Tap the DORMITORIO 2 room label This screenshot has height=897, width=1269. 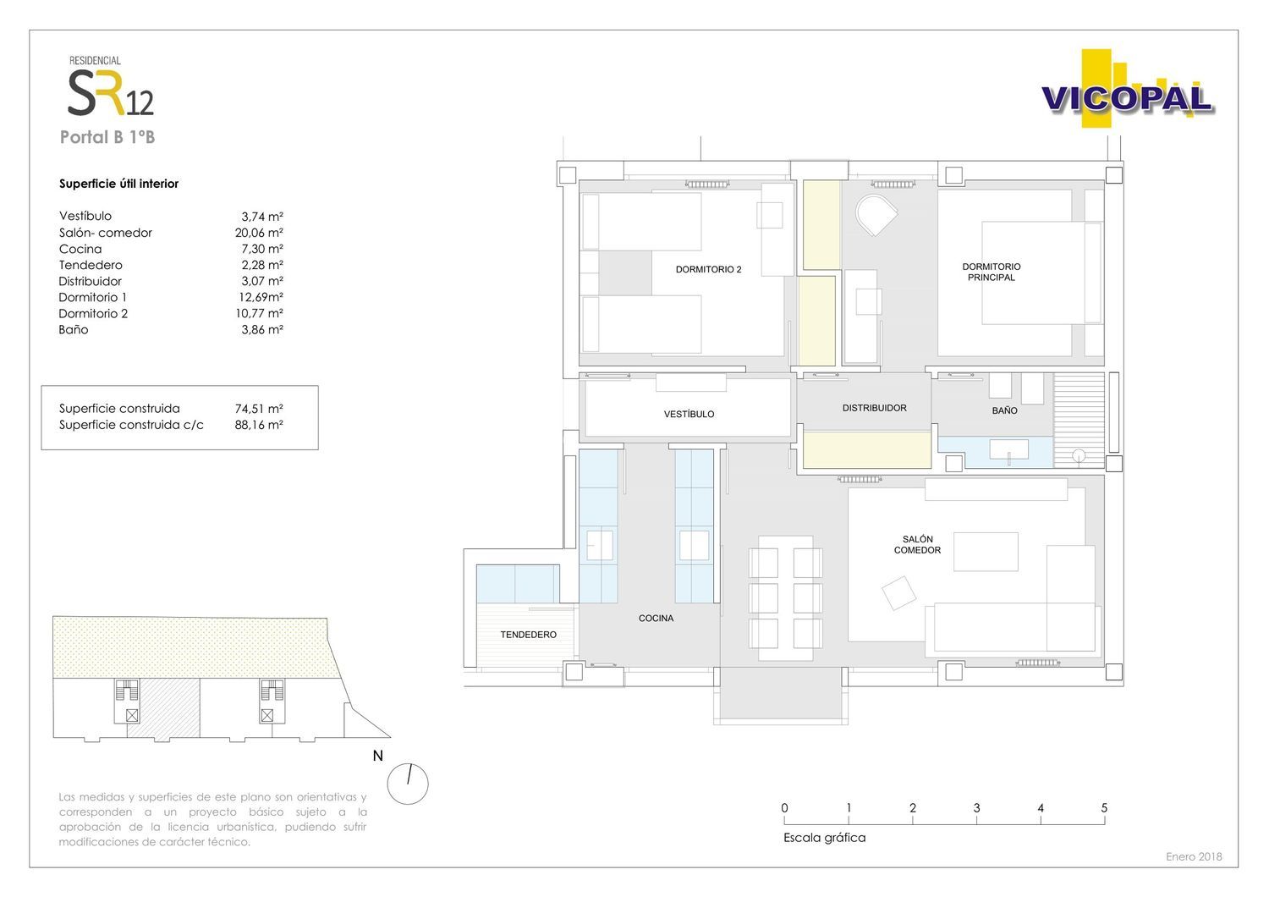[708, 269]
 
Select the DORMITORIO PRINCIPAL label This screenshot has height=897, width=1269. [991, 272]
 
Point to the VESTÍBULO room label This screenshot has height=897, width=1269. [689, 414]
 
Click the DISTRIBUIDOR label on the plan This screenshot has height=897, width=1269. [874, 408]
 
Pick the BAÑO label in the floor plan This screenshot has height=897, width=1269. [1004, 410]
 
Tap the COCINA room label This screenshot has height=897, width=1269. [656, 619]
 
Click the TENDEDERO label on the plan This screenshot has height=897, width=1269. [528, 635]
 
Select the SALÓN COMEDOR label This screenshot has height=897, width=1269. [917, 544]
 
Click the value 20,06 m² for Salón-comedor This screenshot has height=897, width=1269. [259, 233]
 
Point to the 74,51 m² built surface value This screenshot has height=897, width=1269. [259, 409]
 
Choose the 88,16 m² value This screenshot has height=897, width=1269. [259, 425]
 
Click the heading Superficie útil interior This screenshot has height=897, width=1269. [119, 184]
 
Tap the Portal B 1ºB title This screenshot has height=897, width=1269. [107, 137]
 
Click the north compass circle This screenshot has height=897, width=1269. [408, 784]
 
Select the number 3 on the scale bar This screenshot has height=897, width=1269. [976, 808]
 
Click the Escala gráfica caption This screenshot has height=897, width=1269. [824, 838]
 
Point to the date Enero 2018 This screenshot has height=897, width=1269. [1194, 856]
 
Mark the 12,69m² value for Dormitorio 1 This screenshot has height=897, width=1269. [261, 297]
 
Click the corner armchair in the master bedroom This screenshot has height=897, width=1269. [876, 215]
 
